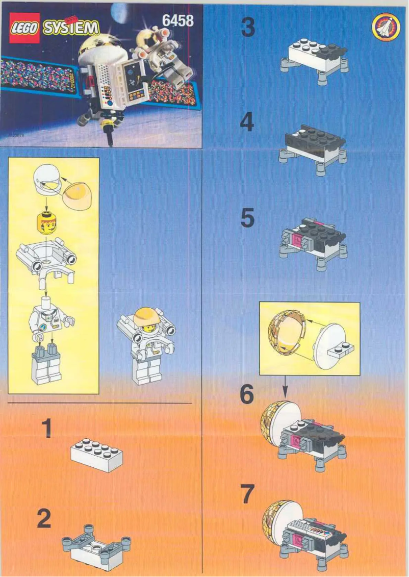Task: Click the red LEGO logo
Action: [24, 28]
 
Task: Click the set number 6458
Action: [177, 20]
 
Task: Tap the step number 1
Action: [46, 428]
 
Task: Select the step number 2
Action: [44, 519]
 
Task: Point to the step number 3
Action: [248, 28]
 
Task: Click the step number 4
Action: [247, 123]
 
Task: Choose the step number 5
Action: [247, 218]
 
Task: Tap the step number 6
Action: [246, 394]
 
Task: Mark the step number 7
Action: [247, 493]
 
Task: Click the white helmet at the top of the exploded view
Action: [47, 181]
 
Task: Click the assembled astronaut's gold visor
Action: [144, 317]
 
